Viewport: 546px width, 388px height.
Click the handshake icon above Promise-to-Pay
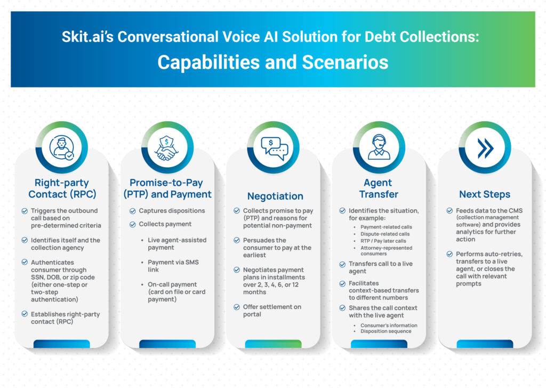tap(167, 148)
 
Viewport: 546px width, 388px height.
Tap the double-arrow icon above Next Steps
tap(485, 148)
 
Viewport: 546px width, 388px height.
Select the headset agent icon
tap(379, 147)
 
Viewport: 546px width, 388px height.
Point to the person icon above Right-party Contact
tap(62, 147)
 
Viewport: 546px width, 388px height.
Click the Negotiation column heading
tap(275, 196)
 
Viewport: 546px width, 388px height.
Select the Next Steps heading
tap(484, 194)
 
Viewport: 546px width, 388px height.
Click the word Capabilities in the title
tap(208, 62)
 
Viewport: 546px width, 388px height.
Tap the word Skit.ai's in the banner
tap(87, 37)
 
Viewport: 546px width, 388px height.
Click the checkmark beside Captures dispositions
tap(133, 211)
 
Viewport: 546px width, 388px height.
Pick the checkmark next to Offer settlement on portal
tap(237, 307)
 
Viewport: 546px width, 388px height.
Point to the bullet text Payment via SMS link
tap(173, 266)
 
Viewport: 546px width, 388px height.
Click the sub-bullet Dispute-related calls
tap(385, 234)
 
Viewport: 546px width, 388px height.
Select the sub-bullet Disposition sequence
tap(386, 331)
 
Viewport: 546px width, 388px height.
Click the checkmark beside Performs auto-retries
tap(449, 254)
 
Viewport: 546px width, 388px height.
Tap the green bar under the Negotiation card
tap(274, 344)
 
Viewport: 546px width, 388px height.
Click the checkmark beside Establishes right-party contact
tap(25, 314)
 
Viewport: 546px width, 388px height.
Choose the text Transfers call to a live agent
tap(381, 267)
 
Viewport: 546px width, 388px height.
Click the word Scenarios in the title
tap(345, 62)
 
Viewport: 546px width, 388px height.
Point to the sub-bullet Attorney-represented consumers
tap(386, 251)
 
